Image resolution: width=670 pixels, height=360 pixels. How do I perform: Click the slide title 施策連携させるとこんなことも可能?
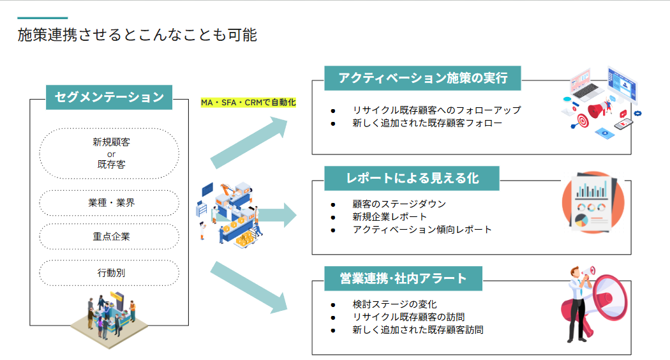(137, 35)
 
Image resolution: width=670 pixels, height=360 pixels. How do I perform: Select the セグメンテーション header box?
(109, 97)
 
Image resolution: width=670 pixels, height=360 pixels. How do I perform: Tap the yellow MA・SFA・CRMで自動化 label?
(248, 103)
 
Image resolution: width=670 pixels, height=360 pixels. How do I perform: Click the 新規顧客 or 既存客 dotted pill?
(109, 153)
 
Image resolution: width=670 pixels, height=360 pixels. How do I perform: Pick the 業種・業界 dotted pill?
(109, 203)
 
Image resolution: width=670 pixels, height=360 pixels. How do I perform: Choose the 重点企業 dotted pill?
(109, 236)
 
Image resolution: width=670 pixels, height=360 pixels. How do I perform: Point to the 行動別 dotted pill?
(109, 273)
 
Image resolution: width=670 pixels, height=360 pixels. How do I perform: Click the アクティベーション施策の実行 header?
(423, 79)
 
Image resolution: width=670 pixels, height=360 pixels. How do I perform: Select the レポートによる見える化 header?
(412, 178)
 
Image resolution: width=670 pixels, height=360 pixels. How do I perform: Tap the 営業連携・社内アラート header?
(403, 278)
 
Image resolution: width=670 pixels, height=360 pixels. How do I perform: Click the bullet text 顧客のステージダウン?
(399, 204)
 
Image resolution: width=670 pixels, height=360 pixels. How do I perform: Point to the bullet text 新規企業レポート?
(389, 217)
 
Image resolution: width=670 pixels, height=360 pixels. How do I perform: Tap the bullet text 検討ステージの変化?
(394, 304)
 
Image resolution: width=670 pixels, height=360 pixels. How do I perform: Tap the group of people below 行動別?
(109, 319)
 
